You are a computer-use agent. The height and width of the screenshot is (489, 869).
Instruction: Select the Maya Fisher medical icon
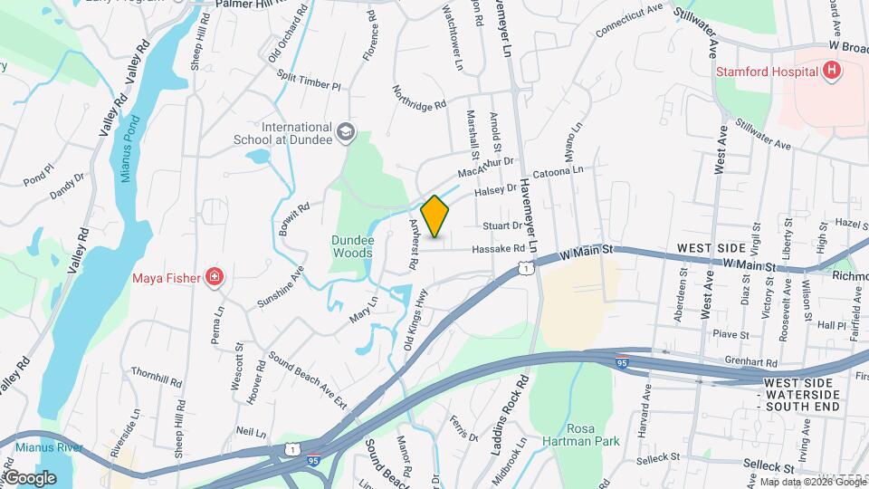click(x=215, y=277)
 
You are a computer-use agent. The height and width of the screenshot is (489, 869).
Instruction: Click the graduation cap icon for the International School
click(x=345, y=133)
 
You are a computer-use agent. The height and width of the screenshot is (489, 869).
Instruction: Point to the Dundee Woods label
click(x=351, y=247)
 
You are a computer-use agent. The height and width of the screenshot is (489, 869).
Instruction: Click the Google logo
click(x=30, y=477)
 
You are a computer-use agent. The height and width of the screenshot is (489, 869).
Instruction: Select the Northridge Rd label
click(x=419, y=99)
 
